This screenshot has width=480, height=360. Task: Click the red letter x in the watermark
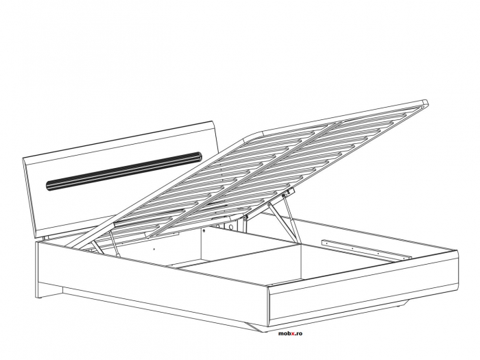coord(291,333)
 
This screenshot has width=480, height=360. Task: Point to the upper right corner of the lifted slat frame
coord(425,103)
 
